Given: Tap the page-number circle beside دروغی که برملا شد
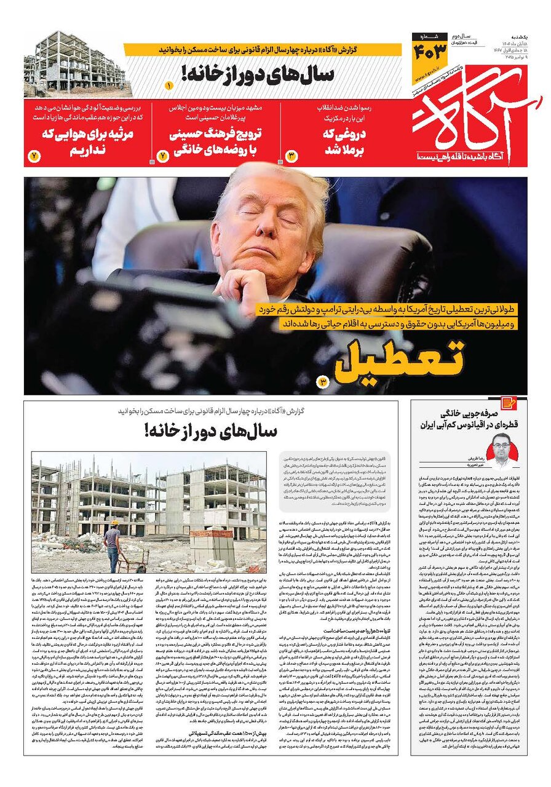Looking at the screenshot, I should pyautogui.click(x=291, y=156).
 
